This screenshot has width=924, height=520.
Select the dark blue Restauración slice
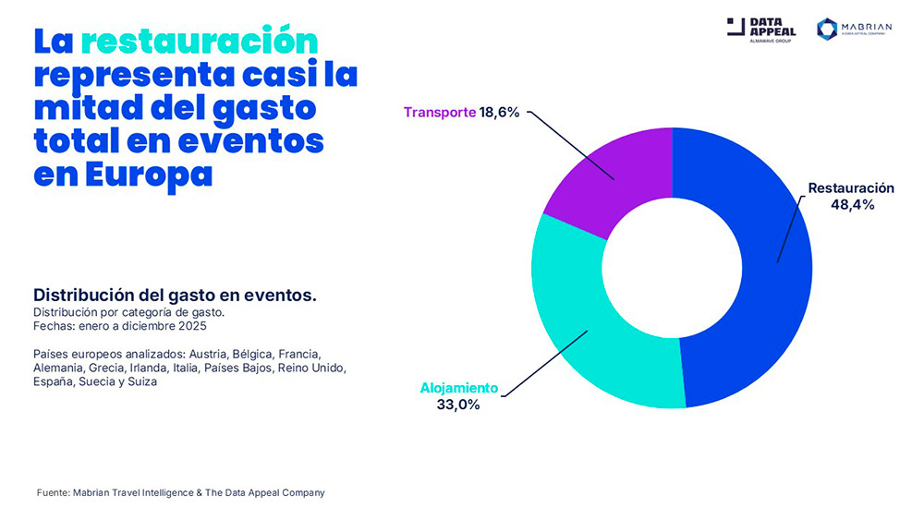[767, 277]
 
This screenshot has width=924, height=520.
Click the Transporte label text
[440, 113]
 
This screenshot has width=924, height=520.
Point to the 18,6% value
[500, 113]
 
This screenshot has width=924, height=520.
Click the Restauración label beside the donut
[851, 188]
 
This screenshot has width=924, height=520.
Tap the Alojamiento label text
[459, 388]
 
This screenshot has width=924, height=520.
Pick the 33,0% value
[458, 405]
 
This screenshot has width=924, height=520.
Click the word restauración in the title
[199, 42]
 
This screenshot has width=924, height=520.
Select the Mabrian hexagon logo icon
[827, 29]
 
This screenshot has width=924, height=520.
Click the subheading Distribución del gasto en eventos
[176, 296]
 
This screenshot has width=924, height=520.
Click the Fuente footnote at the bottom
[181, 492]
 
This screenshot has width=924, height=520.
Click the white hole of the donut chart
[672, 268]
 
